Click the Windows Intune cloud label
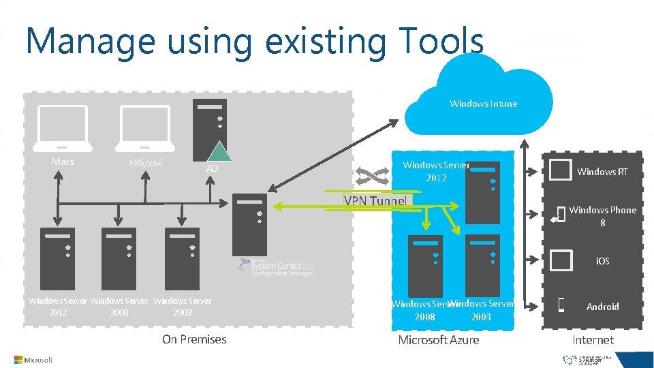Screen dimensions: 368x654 tap(483, 104)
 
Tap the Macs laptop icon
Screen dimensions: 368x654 tap(64, 128)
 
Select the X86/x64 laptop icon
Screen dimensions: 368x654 tap(144, 128)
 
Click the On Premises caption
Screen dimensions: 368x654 tap(194, 339)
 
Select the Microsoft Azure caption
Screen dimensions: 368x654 tap(438, 339)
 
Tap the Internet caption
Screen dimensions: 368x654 tap(593, 339)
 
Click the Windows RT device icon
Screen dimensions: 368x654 tap(560, 170)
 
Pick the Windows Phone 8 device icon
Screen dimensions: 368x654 tap(561, 215)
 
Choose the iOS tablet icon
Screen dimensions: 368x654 tap(560, 260)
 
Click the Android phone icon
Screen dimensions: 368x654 tap(561, 306)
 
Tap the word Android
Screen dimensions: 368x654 tap(603, 307)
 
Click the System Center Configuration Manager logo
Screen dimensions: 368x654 tap(276, 266)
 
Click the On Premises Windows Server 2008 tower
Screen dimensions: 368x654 tap(119, 258)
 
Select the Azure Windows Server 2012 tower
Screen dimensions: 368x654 tap(482, 192)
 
